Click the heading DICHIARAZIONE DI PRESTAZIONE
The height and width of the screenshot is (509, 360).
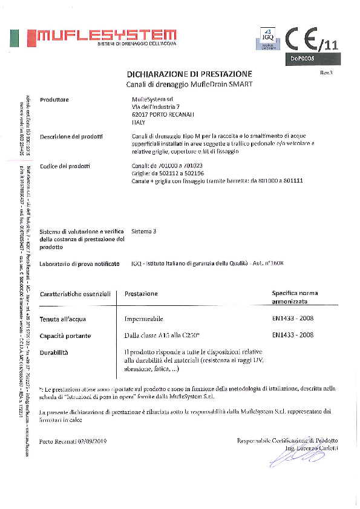click(189, 73)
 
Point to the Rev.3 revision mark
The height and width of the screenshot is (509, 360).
click(327, 72)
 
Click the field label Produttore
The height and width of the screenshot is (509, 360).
click(54, 99)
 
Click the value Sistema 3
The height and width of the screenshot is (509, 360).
click(144, 231)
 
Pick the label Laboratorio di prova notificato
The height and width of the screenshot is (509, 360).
click(77, 264)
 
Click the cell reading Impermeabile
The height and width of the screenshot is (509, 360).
click(143, 318)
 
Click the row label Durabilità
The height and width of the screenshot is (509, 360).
click(54, 351)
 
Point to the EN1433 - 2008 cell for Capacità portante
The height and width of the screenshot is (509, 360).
click(293, 334)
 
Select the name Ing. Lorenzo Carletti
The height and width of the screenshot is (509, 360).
click(309, 447)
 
